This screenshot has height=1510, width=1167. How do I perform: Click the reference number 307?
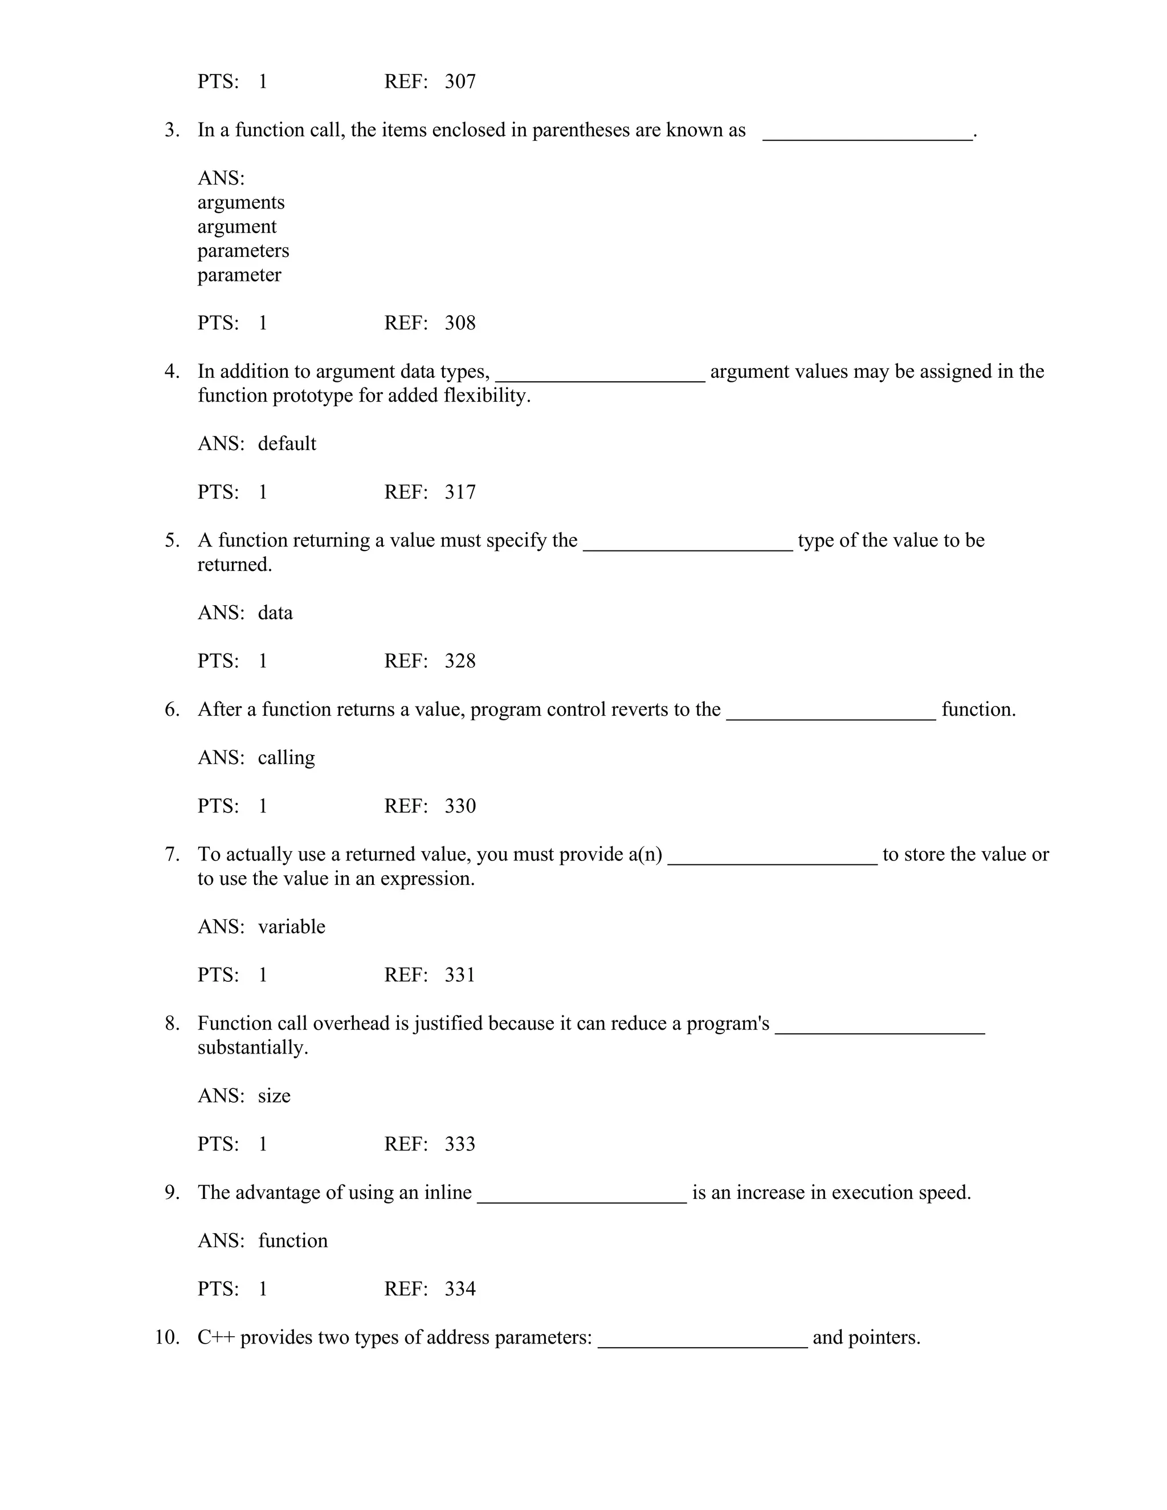pos(460,81)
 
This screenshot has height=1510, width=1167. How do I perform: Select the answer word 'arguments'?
pos(240,203)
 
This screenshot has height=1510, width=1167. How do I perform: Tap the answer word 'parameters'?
pos(243,251)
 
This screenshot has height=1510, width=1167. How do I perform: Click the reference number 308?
pos(460,323)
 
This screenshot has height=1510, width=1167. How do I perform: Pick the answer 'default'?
pos(287,444)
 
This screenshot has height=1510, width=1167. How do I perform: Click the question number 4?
pos(172,372)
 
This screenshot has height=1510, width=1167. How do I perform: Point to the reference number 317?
pos(460,492)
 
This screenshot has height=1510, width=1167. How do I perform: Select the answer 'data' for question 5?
pos(275,613)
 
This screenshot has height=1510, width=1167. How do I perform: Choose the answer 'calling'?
pos(286,758)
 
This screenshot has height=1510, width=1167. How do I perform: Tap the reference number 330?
pos(460,806)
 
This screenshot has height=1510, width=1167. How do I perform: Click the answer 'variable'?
pos(291,927)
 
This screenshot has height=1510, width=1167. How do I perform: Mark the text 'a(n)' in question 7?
pos(645,855)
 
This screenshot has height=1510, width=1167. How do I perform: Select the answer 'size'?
pos(274,1096)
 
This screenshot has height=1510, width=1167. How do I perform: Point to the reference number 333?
pos(460,1144)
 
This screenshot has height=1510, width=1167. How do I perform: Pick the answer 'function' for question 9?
pos(292,1241)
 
